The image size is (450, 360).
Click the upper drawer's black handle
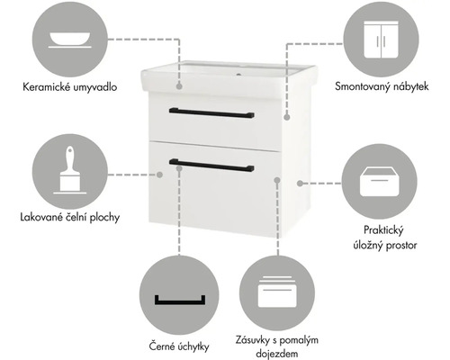click(211, 113)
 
